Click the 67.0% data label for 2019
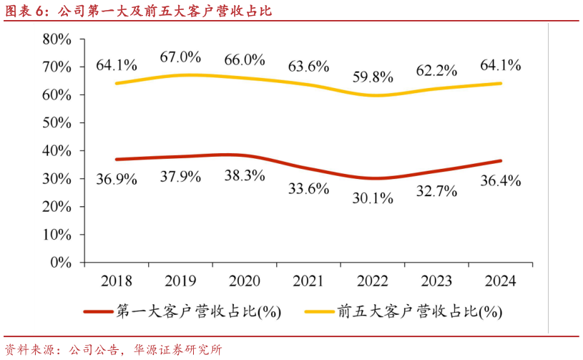(x=180, y=57)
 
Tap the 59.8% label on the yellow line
(x=373, y=76)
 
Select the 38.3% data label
(x=245, y=175)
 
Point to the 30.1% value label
(x=373, y=198)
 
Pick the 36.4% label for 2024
(x=501, y=180)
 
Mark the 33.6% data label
(x=308, y=189)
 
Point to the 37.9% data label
(x=180, y=176)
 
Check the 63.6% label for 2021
(x=308, y=67)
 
